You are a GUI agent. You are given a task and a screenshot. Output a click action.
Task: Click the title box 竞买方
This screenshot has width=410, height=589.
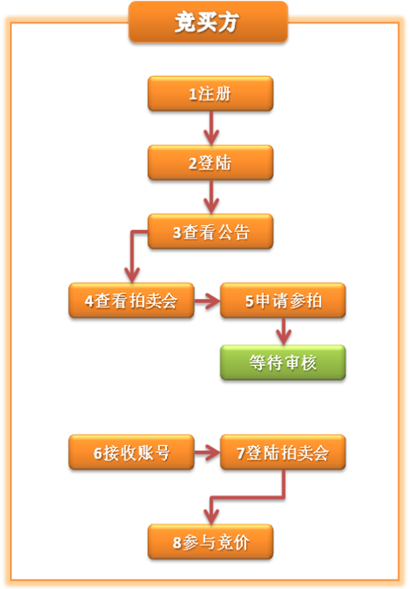(x=208, y=21)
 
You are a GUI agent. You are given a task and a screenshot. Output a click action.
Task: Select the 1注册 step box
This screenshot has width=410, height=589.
(x=211, y=93)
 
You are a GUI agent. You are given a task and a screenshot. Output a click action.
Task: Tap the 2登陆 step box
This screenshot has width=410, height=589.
(x=211, y=163)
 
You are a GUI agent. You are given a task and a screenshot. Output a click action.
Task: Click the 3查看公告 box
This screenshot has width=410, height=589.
(x=211, y=232)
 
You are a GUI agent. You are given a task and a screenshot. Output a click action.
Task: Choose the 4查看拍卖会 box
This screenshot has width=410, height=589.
(x=131, y=301)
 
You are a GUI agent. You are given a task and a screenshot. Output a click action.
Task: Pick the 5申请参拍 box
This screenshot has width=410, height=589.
(x=283, y=301)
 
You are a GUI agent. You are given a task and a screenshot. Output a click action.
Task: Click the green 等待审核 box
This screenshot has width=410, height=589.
(x=283, y=362)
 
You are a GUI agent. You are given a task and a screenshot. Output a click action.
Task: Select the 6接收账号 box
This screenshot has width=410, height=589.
(x=131, y=452)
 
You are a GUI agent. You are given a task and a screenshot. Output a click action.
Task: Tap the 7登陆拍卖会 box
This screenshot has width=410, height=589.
(x=283, y=452)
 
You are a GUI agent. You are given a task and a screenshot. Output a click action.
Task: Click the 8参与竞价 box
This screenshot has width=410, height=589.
(x=211, y=542)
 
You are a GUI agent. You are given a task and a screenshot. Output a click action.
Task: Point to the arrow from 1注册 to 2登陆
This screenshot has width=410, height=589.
(x=211, y=128)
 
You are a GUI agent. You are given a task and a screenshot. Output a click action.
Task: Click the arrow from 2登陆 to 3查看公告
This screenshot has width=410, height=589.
(x=211, y=197)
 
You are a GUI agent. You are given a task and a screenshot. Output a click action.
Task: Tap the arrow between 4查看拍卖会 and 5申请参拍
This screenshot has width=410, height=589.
(x=207, y=301)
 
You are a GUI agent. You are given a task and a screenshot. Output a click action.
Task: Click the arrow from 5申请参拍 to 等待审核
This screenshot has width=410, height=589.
(x=284, y=331)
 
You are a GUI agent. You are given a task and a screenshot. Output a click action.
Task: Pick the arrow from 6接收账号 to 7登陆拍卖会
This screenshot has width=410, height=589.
(x=207, y=453)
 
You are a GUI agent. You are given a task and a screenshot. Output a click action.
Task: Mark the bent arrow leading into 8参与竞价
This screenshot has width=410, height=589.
(x=248, y=498)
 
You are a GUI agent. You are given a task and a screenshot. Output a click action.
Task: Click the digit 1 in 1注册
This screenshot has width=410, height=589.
(x=193, y=94)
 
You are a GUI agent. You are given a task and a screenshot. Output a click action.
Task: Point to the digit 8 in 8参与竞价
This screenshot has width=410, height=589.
(x=177, y=543)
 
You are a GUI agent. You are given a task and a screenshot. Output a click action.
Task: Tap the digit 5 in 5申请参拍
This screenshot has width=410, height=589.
(x=250, y=302)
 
